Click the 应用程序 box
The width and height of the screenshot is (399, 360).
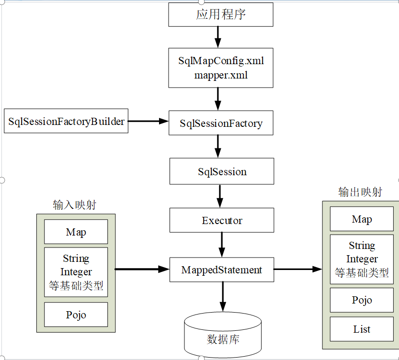[x=221, y=15]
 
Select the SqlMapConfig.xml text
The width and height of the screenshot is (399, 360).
[x=221, y=61]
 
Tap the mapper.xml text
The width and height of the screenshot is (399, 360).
[x=221, y=75]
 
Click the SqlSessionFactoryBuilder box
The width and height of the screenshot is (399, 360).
[x=66, y=121]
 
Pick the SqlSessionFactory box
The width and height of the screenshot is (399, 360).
[x=221, y=123]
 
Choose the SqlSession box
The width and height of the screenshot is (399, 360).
[x=222, y=171]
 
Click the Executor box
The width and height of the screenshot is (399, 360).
[x=222, y=220]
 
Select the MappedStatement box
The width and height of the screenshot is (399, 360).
[x=222, y=270]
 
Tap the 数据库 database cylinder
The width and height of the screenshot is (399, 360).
[x=223, y=337]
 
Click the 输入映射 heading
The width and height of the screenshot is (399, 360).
[x=75, y=205]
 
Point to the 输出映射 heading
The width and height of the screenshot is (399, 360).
[x=360, y=192]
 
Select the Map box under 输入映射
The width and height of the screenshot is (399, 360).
[x=76, y=232]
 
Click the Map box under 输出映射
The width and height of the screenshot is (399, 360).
[x=362, y=219]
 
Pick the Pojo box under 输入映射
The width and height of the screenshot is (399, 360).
[x=76, y=315]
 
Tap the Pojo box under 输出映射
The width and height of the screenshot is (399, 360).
[x=362, y=300]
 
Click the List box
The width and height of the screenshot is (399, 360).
[x=362, y=329]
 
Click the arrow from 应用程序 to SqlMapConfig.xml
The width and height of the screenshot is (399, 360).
[x=218, y=37]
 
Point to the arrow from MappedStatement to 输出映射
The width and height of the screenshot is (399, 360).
[x=298, y=269]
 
